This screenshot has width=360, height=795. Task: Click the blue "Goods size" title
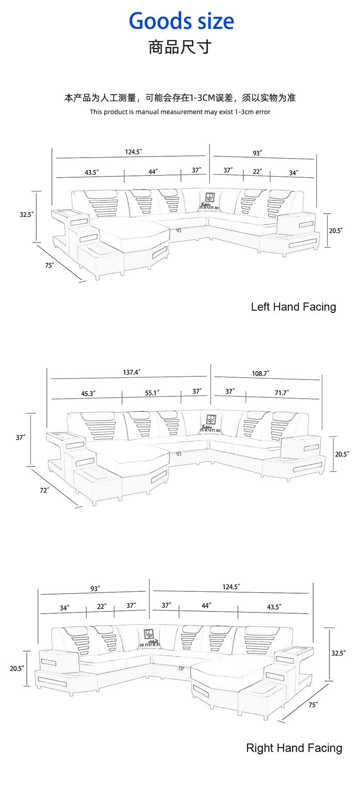pos(181,21)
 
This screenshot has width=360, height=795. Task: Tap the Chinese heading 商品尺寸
pos(180,47)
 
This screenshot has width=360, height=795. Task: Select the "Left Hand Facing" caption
pos(293,307)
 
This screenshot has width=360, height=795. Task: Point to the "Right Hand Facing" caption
pos(294,748)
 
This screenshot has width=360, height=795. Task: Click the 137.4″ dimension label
pos(132,372)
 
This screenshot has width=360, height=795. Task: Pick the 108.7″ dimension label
pos(261,374)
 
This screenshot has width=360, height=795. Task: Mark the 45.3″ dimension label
pos(88,394)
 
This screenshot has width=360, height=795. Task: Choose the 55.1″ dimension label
pos(152,393)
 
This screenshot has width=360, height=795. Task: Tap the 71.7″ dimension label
pos(282,393)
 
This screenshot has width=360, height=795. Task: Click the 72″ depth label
pos(44,490)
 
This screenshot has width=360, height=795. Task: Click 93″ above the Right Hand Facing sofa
pos(95,589)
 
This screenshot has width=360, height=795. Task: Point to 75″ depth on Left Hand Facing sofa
pos(50,265)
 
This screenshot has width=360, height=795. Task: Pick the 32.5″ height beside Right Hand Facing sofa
pos(338,653)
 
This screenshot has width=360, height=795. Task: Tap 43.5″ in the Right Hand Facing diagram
pos(274,607)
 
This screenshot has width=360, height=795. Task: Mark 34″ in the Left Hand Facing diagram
pos(293,173)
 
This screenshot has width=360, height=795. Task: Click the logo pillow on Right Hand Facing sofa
pos(149,637)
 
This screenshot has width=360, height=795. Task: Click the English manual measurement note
pos(180,112)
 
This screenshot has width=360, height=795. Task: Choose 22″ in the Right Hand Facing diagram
pos(102,606)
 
